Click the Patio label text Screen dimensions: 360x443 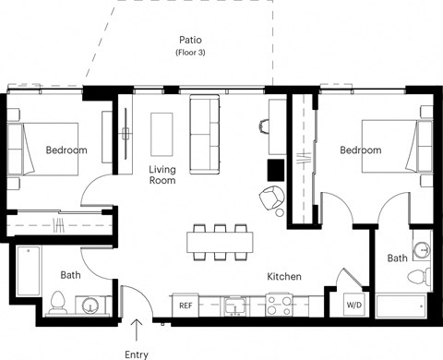click(x=191, y=41)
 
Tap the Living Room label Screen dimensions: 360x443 click(x=162, y=174)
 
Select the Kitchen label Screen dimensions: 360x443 click(x=286, y=276)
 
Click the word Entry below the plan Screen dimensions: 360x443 click(x=138, y=354)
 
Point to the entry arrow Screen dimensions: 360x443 click(x=138, y=328)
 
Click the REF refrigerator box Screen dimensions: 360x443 click(x=186, y=305)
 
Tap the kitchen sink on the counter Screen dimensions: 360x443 click(x=235, y=304)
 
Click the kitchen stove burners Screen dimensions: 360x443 click(x=280, y=304)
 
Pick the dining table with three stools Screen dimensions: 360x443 click(x=220, y=242)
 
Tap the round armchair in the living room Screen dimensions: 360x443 click(x=272, y=197)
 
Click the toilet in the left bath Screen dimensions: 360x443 click(x=58, y=301)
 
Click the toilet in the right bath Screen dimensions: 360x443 click(x=419, y=275)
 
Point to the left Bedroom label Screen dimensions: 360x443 click(x=66, y=150)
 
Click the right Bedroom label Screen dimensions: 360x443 click(x=360, y=150)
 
